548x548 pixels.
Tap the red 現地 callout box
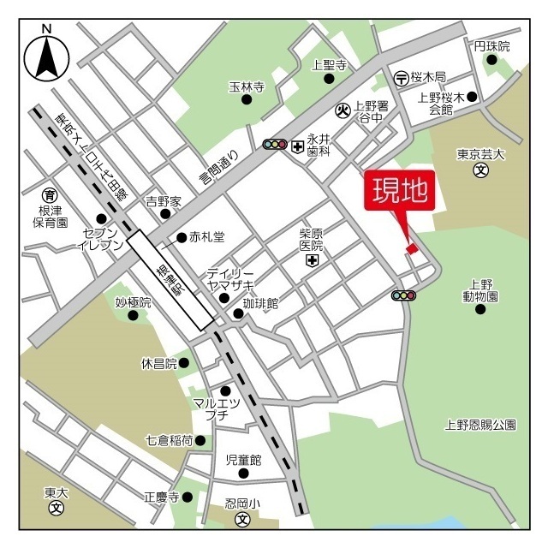click(x=399, y=191)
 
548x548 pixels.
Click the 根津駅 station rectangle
click(x=171, y=279)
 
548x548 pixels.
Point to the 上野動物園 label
click(x=480, y=290)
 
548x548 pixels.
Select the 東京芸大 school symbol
click(x=481, y=170)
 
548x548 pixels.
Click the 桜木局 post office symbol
click(x=401, y=78)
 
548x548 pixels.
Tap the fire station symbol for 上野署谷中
click(x=342, y=110)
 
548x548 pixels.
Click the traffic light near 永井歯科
click(x=275, y=146)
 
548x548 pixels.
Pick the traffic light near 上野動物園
click(x=403, y=295)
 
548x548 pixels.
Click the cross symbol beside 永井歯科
click(x=297, y=146)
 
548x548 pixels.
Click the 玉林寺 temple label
click(x=247, y=87)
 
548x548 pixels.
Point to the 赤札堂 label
click(x=206, y=237)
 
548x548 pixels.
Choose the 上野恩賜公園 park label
click(x=481, y=424)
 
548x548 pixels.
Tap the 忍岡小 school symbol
click(x=242, y=519)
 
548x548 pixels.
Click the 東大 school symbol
click(x=57, y=507)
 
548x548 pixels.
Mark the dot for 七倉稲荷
click(x=200, y=441)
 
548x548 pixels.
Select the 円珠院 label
click(x=491, y=45)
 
